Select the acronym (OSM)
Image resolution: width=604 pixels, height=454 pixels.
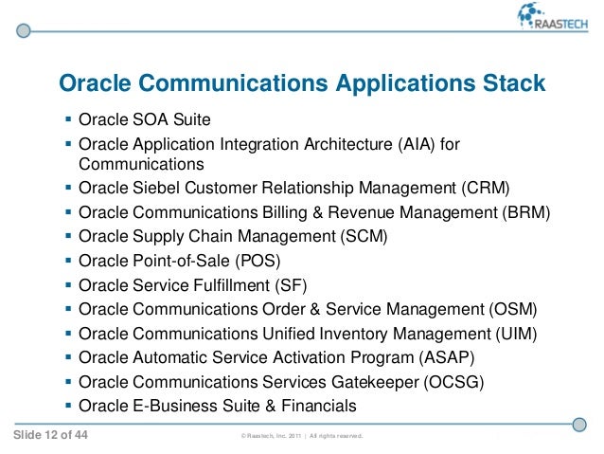click(512, 309)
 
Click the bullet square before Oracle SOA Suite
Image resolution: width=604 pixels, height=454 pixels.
click(67, 120)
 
